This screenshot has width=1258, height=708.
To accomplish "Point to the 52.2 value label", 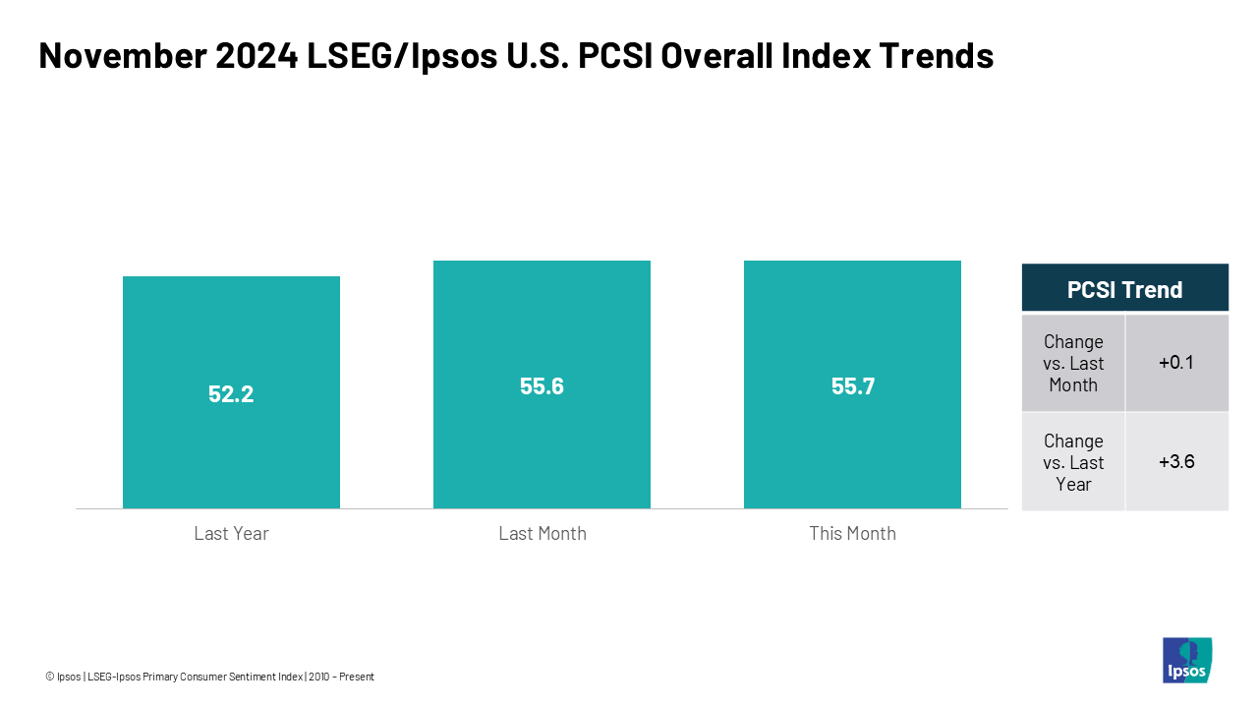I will coord(231,394).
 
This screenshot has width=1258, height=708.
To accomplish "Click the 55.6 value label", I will coord(542,386).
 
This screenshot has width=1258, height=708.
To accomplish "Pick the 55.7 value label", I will coord(852,386).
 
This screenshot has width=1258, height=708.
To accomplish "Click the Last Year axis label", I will coord(231,534).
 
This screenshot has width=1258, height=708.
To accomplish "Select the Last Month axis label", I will coord(542,534).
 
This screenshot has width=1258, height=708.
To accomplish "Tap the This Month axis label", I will coord(852,534).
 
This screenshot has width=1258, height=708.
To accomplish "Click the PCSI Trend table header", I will coord(1124,289).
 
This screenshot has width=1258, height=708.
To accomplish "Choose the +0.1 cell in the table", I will coord(1176,363).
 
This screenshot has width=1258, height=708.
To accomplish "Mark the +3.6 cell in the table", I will coord(1176,462).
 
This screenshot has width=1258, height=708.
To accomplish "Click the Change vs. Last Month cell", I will coord(1073,363).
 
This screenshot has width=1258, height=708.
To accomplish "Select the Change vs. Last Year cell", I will coord(1073,462).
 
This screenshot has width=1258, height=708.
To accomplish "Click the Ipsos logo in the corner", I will coord(1187,660).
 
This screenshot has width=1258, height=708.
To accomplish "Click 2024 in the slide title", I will coord(250,57).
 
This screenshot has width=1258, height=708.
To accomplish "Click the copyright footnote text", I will coord(209,677).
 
